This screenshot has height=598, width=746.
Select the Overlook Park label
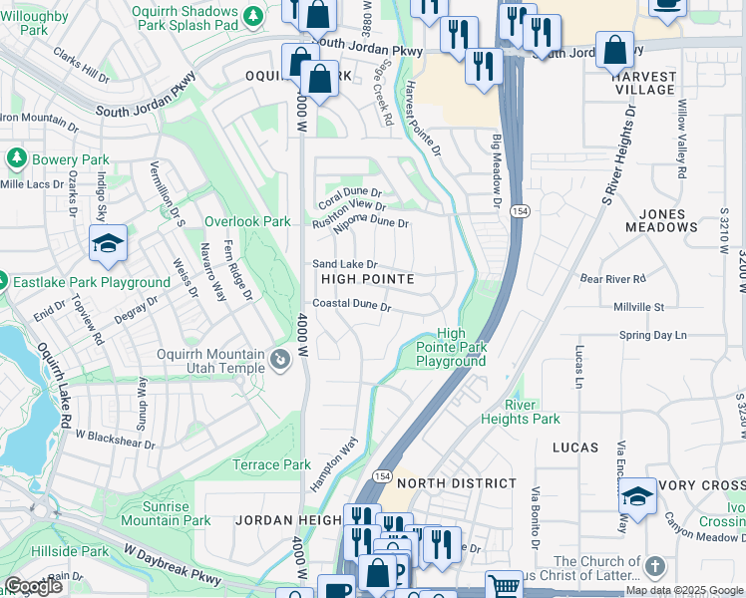[246, 221]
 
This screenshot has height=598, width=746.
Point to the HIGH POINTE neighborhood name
[367, 280]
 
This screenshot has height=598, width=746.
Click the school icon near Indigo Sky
[107, 243]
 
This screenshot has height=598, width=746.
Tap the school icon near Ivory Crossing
[637, 495]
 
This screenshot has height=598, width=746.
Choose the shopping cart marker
[505, 586]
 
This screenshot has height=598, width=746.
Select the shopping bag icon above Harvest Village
[615, 49]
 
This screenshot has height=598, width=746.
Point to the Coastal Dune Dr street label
[350, 304]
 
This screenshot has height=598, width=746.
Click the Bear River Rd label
[613, 279]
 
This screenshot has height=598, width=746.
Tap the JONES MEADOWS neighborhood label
[655, 220]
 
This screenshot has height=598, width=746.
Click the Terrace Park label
[271, 464]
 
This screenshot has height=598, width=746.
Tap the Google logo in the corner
[33, 586]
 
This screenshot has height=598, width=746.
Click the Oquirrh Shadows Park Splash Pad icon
[253, 16]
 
